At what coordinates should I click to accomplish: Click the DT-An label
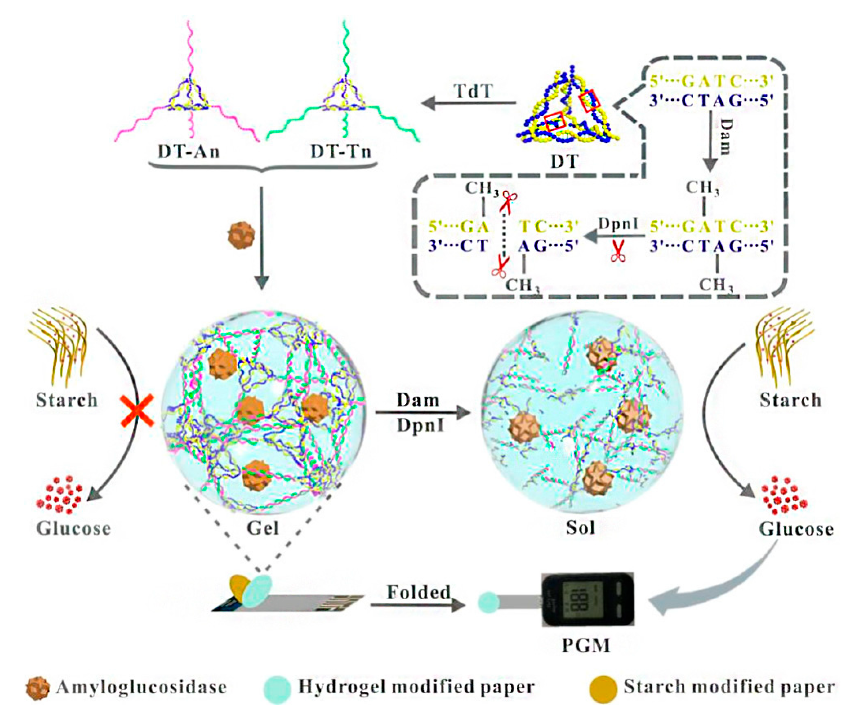tap(189, 152)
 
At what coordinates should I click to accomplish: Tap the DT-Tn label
tap(341, 152)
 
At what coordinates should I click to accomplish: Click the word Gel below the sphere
tap(263, 528)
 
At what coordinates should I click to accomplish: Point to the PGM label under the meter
tap(586, 645)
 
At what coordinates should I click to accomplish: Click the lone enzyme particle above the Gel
tap(241, 236)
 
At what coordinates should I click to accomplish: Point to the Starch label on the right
tap(790, 400)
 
